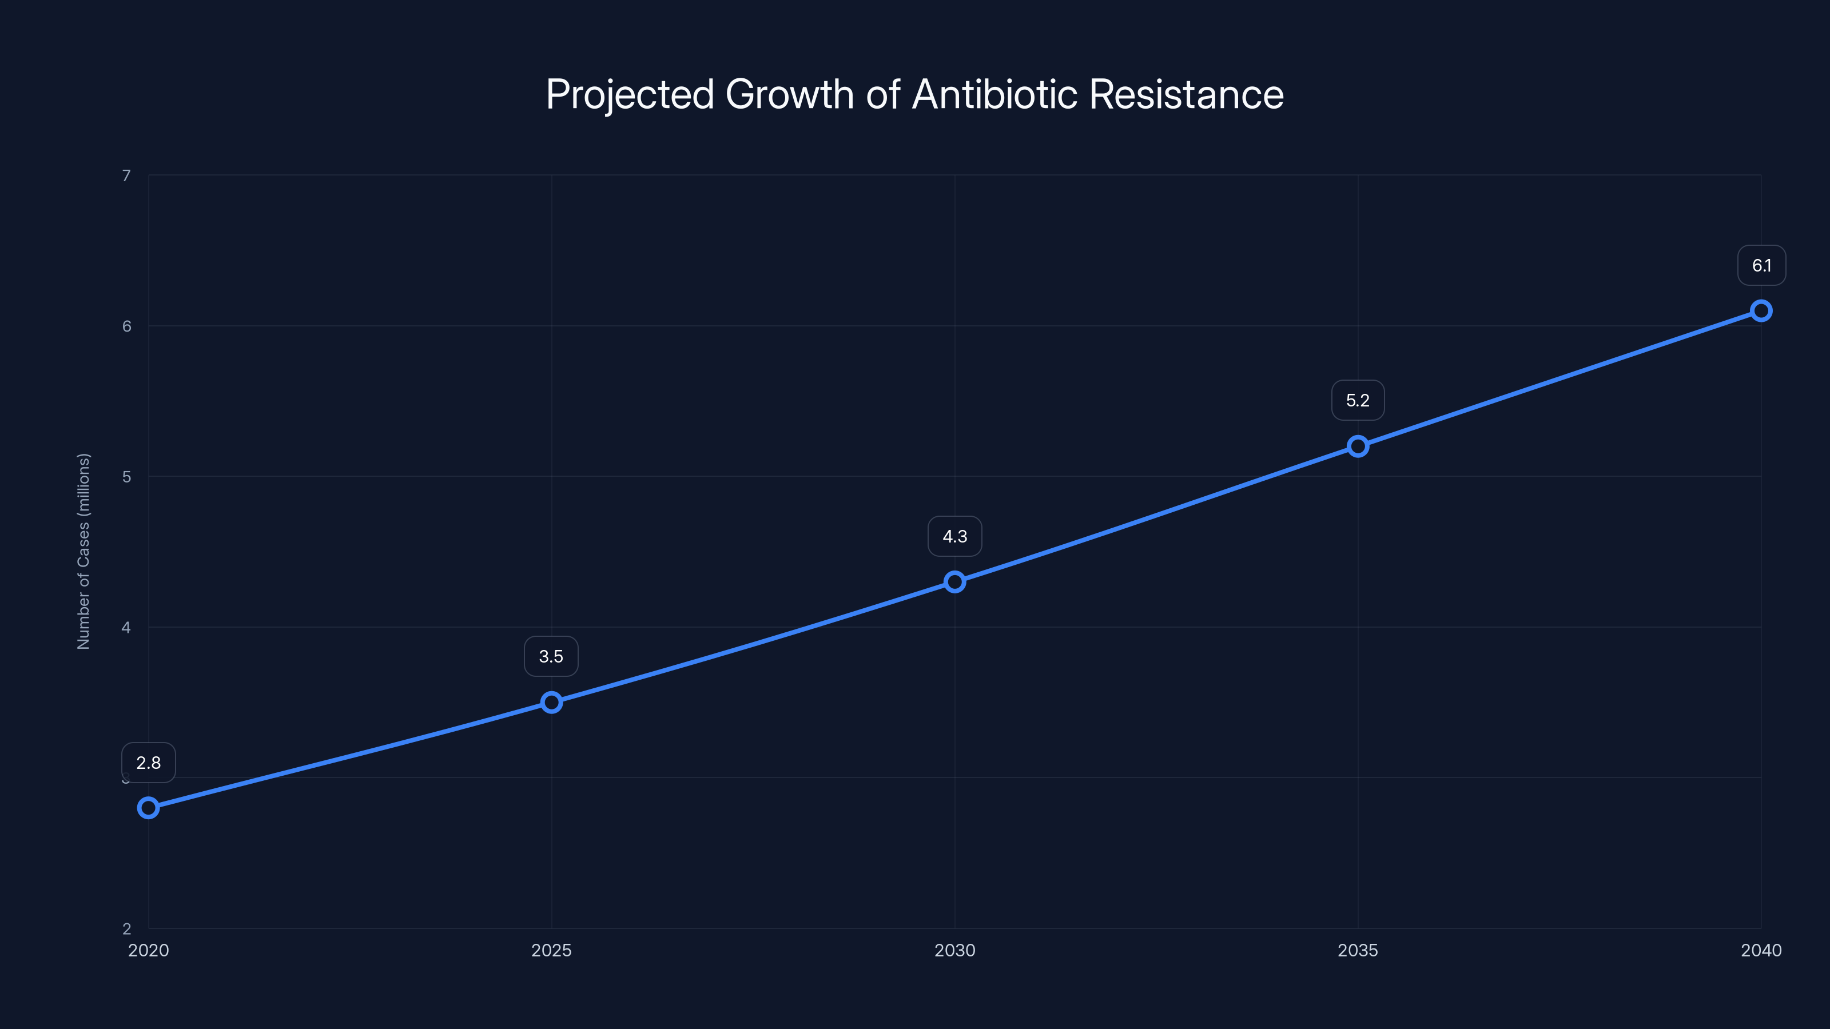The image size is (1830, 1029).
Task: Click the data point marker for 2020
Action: pos(149,807)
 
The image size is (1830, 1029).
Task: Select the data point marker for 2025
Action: pos(551,703)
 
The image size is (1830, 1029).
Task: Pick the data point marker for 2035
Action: pos(1358,446)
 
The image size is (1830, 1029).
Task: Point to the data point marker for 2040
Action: pos(1761,311)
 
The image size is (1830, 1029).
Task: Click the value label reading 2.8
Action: pos(149,763)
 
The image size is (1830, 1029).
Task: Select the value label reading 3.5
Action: pos(551,656)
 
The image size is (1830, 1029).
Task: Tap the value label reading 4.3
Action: pos(955,536)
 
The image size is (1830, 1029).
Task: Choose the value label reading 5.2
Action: pos(1358,401)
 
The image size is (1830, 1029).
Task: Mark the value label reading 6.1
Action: pos(1761,266)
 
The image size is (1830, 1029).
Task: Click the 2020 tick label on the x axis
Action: pos(149,950)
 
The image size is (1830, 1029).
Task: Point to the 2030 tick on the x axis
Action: pos(955,950)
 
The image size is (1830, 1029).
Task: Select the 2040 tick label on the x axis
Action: pos(1761,950)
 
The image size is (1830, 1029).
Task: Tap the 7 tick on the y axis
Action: pos(126,176)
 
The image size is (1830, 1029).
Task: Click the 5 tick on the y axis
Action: pos(126,477)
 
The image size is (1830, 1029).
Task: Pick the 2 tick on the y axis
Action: pos(126,928)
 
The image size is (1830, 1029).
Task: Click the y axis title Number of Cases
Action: pos(83,551)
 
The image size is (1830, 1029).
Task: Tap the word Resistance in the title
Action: pos(1187,94)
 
